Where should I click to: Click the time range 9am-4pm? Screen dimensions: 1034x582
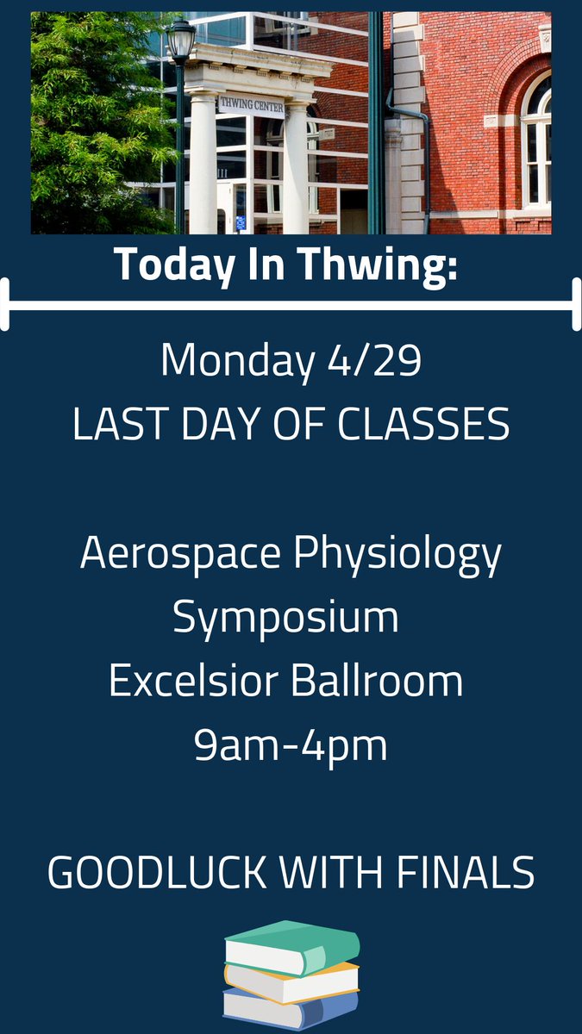(291, 746)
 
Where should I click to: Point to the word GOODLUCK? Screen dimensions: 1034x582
(158, 873)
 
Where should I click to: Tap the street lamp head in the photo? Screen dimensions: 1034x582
(180, 40)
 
